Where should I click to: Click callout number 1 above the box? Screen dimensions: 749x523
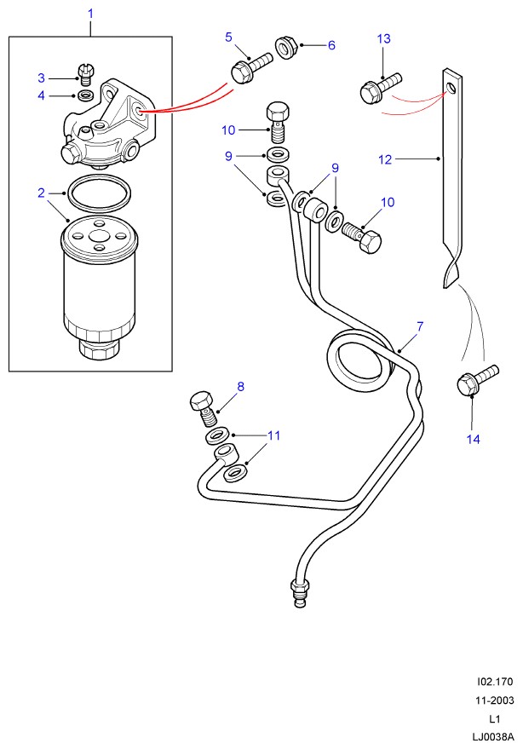[91, 14]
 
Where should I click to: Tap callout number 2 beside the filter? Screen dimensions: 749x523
[41, 193]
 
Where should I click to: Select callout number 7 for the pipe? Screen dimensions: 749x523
[420, 326]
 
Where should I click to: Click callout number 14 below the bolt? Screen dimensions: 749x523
[474, 439]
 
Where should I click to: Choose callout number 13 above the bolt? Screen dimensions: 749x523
[383, 38]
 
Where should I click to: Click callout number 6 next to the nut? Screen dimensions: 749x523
[331, 45]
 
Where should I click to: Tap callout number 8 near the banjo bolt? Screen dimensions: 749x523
[240, 386]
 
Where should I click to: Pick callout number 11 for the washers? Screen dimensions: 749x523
[273, 435]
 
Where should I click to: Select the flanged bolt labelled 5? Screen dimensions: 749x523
[245, 68]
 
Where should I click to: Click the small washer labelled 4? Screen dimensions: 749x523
[84, 95]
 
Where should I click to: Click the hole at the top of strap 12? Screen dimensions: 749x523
[452, 86]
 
